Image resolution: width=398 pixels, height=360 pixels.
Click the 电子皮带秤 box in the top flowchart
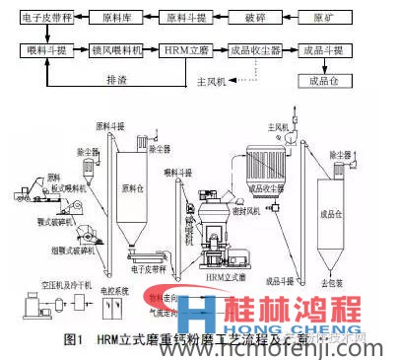pos(38,17)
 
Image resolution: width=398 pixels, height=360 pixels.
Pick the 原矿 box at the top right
pos(322,17)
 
